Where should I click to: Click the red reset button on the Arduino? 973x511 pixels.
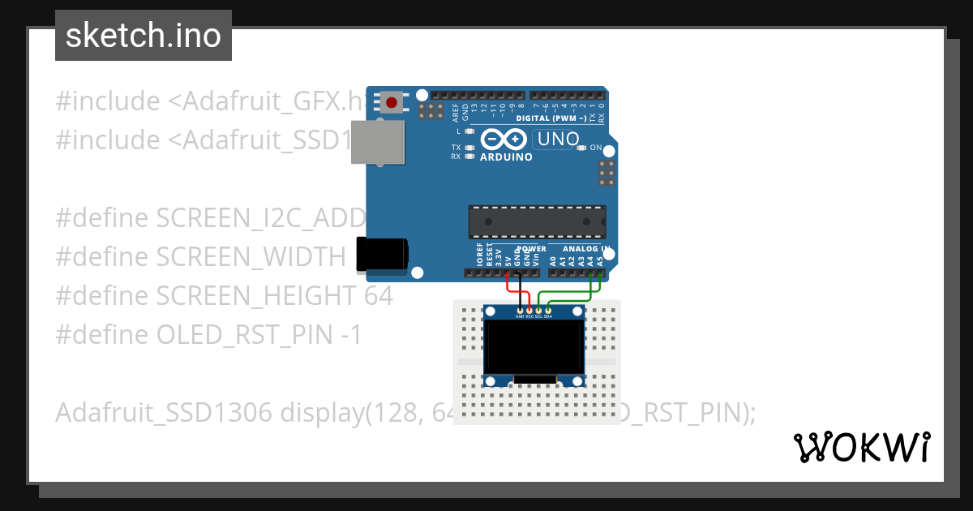pyautogui.click(x=392, y=102)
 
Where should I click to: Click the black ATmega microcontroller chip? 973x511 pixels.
pyautogui.click(x=536, y=221)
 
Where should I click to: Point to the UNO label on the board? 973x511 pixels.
pyautogui.click(x=559, y=139)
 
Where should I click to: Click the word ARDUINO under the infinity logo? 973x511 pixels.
pyautogui.click(x=506, y=157)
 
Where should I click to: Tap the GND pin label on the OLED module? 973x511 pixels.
pyautogui.click(x=520, y=316)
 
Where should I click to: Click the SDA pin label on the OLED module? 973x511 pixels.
pyautogui.click(x=549, y=316)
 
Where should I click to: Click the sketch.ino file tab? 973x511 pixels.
pyautogui.click(x=144, y=36)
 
